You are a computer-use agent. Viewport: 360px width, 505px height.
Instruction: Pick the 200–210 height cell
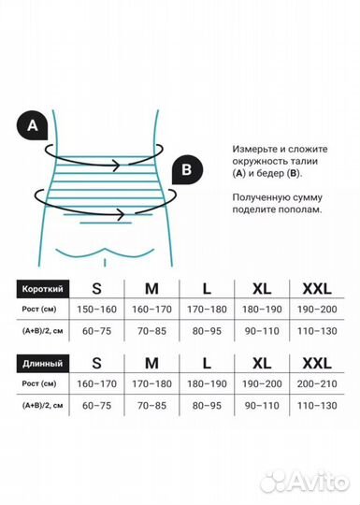[316, 383]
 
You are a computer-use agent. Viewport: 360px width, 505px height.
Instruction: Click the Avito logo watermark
[305, 480]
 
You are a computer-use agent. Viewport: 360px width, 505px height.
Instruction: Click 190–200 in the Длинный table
[261, 383]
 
